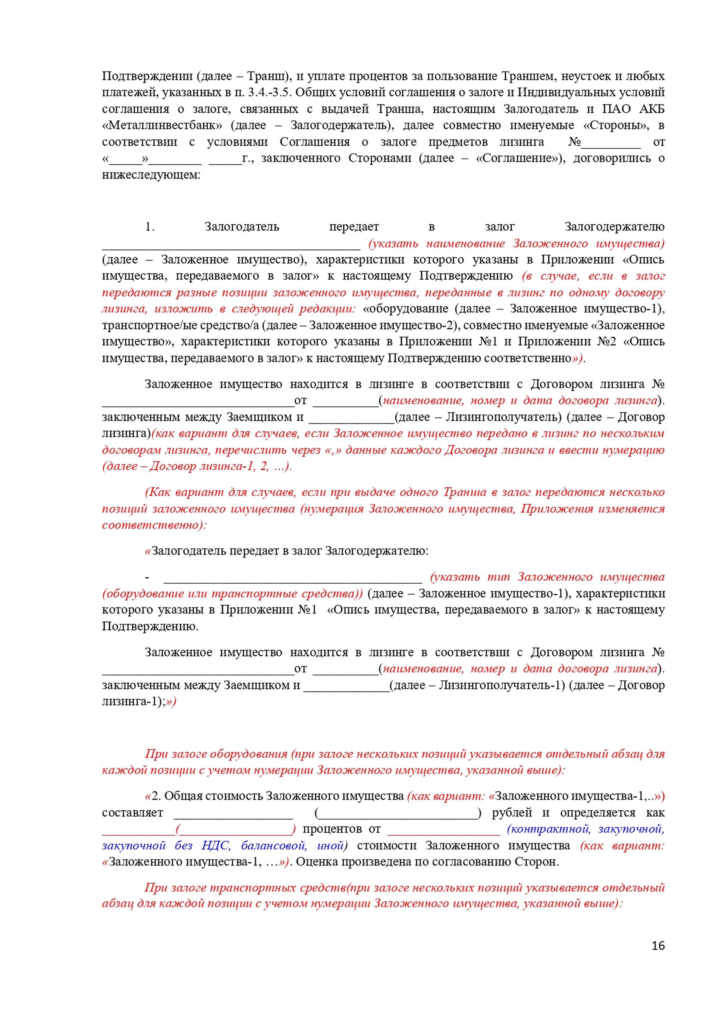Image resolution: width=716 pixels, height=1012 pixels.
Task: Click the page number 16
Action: pos(658,945)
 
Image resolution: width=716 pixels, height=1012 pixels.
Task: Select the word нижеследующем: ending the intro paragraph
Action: pos(151,175)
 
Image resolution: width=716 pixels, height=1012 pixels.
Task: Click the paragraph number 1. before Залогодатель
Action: pos(150,227)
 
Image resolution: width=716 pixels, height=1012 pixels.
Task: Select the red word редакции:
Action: pos(327,309)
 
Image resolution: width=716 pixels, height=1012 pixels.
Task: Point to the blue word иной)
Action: pos(332,845)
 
